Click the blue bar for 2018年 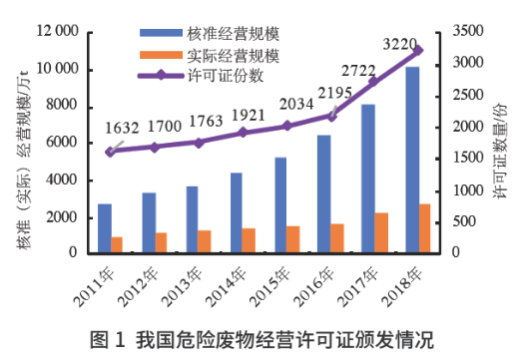point(412,160)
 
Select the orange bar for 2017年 point(382,232)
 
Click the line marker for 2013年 point(199,143)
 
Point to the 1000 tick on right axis point(466,189)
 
